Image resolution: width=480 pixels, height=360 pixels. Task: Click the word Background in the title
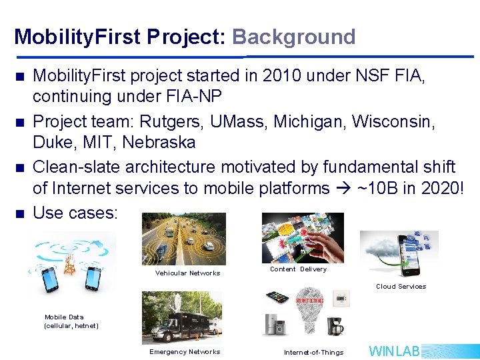tap(293, 37)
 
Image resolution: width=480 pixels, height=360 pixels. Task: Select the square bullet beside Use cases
tap(19, 213)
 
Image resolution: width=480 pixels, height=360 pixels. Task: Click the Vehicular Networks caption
tap(187, 273)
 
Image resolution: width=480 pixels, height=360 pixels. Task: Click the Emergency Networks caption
tap(185, 352)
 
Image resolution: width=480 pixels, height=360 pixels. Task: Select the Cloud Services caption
tap(401, 287)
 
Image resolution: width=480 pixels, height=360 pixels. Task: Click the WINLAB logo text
tap(395, 351)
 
